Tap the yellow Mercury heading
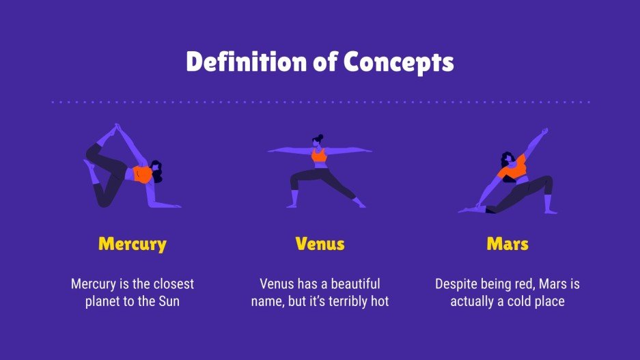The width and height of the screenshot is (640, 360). coord(133,244)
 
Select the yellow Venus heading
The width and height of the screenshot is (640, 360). coord(320,244)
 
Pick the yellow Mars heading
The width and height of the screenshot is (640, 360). coord(507,244)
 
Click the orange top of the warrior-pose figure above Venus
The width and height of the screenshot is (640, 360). coord(319,157)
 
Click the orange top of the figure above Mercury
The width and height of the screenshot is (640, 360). coord(143,174)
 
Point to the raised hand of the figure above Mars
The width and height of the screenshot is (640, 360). coord(544,130)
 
